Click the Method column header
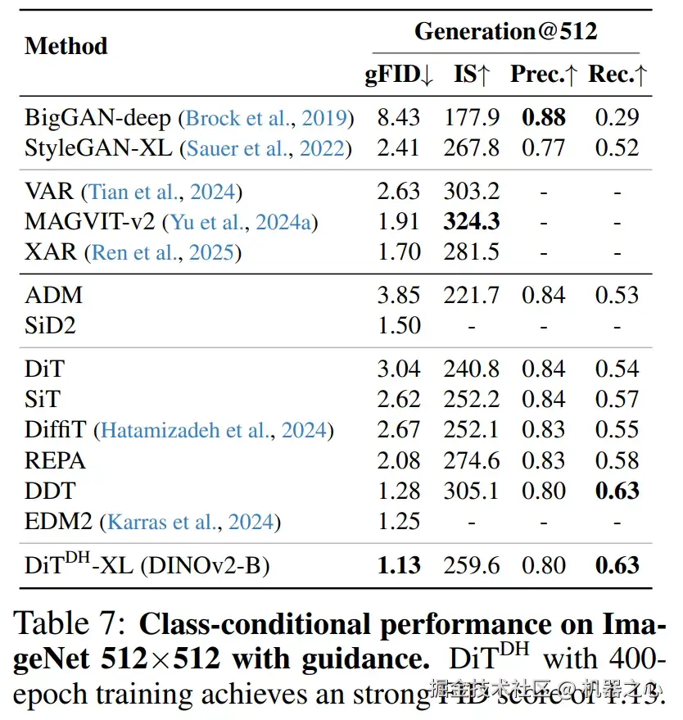66,46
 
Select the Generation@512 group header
505,32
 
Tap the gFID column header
399,75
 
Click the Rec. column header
618,75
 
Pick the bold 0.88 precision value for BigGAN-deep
544,117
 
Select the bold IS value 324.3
472,221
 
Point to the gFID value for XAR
399,251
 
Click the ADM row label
54,295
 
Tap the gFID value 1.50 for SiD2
399,325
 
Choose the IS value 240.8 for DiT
472,369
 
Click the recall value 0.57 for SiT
617,399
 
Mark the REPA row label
56,460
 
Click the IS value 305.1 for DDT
472,491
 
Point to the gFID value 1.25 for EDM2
399,522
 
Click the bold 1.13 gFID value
399,565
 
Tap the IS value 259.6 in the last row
472,565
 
